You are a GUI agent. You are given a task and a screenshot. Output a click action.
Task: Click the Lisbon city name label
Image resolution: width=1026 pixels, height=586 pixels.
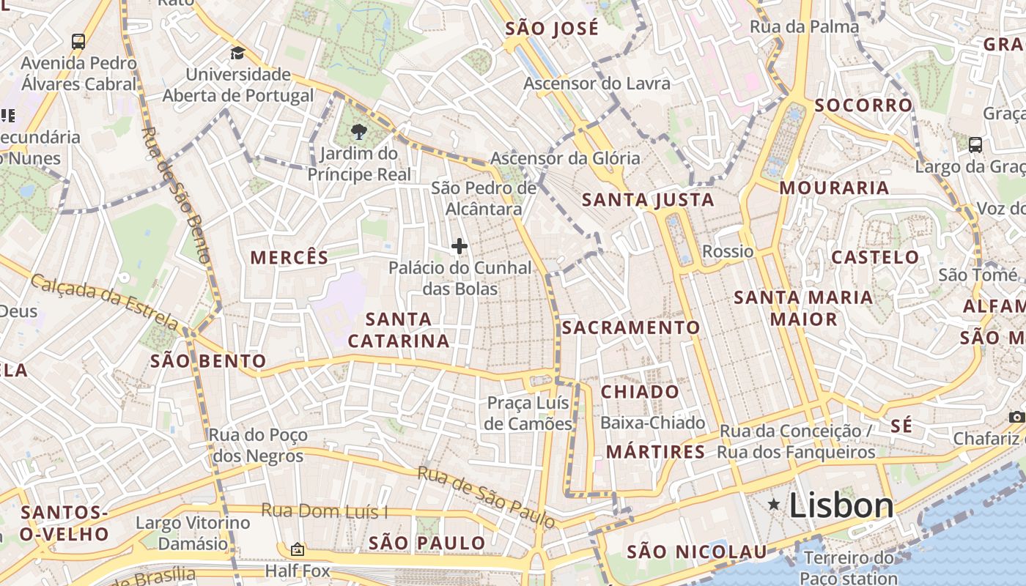[841, 505]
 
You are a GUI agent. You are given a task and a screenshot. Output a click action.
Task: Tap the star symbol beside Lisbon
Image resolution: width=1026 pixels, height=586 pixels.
[773, 504]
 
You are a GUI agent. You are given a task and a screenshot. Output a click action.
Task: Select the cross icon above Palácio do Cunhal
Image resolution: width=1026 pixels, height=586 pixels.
[460, 246]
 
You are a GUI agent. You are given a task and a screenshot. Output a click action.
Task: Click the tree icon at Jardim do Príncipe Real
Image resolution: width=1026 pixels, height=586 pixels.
[358, 132]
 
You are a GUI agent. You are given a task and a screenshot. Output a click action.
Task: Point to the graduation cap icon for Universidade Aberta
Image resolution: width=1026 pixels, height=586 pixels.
[237, 53]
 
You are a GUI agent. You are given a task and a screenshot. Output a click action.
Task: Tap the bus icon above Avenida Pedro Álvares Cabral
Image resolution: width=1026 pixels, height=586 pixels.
[78, 41]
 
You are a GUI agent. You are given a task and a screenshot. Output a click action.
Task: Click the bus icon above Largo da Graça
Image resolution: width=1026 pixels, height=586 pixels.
[975, 144]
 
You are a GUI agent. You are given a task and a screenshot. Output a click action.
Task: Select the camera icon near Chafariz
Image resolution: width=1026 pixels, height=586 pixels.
[1016, 417]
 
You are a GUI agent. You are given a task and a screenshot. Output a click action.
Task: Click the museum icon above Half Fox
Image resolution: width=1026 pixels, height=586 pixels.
[298, 549]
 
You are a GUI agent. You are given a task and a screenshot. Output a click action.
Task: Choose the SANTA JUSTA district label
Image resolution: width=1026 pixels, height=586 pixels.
[647, 200]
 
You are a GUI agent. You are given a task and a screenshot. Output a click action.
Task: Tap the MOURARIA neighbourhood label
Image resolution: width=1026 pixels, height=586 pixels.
[834, 188]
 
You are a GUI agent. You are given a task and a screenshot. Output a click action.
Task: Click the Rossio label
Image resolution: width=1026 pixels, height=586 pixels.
[728, 251]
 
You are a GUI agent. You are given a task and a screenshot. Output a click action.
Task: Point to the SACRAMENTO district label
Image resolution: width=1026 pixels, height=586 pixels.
[631, 327]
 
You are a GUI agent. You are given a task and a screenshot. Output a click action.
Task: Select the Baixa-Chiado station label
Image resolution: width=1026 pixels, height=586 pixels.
[652, 423]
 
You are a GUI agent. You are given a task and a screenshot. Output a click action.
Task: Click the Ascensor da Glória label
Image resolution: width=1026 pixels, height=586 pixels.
[565, 158]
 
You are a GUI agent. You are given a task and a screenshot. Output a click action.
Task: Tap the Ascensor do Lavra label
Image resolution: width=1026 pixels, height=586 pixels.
[597, 84]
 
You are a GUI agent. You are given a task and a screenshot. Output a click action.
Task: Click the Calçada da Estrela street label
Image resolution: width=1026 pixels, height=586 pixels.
[105, 301]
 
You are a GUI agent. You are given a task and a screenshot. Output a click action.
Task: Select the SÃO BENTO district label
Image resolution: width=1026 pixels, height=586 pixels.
[208, 361]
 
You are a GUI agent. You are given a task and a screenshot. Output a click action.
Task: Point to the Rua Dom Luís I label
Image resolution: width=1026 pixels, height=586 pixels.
[325, 511]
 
